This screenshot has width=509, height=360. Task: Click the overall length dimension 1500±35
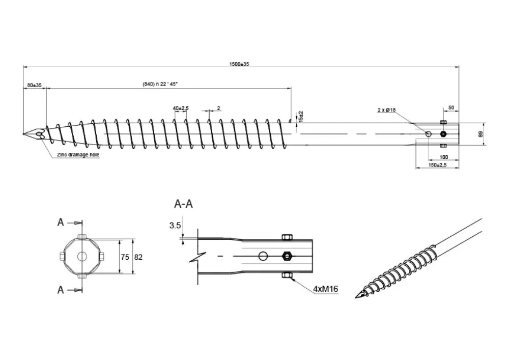239,64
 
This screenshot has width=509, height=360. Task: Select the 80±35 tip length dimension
34,85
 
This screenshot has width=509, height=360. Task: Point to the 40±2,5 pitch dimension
181,108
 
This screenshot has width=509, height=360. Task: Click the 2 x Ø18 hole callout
386,110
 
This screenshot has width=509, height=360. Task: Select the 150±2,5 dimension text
438,165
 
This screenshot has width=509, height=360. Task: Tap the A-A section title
183,204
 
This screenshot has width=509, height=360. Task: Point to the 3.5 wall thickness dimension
175,225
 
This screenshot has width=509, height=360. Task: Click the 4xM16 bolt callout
326,289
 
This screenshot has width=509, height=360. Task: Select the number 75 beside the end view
125,257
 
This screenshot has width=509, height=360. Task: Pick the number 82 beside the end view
138,257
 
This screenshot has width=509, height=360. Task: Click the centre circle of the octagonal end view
81,257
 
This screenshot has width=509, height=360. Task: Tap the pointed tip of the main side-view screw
24,134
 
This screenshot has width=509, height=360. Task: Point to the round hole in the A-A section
263,256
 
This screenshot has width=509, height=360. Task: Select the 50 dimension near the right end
451,108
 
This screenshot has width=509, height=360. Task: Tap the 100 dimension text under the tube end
444,157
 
